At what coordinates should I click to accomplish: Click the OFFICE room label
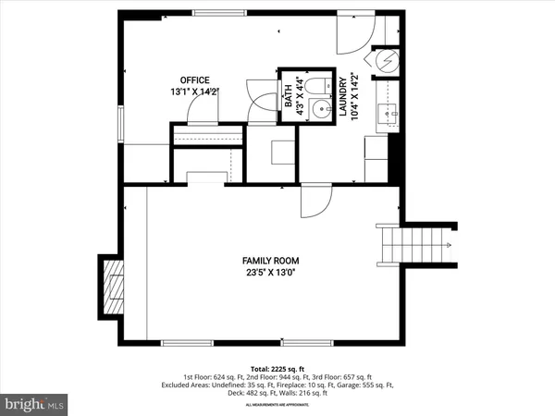coord(195,80)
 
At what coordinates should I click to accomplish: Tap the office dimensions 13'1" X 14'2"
coord(195,92)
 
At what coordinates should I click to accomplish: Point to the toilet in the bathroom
coord(319,89)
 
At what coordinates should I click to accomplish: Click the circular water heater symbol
coord(387,59)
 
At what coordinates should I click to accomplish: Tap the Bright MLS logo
coord(35,403)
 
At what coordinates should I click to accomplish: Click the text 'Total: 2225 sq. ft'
coord(277,368)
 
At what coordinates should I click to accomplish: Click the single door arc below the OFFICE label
coord(202,109)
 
